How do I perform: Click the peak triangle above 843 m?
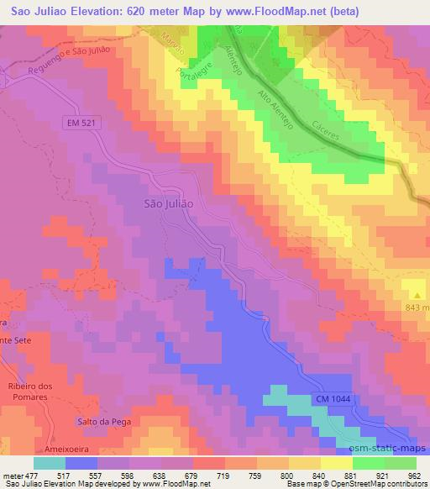417,293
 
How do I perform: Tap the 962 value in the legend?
416,476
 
